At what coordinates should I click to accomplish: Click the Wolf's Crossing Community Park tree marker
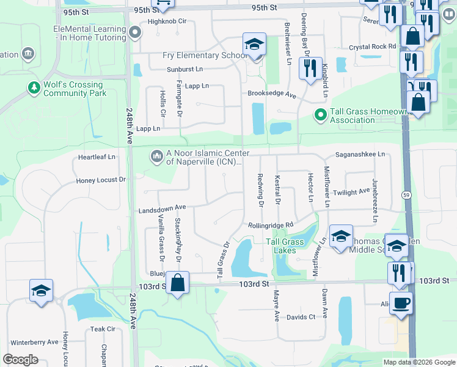33,89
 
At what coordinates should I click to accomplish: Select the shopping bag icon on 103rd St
177,283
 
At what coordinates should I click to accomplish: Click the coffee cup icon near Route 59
401,303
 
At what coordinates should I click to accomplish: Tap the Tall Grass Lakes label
285,246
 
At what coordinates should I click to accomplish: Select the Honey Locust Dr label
101,180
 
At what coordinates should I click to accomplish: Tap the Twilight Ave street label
352,191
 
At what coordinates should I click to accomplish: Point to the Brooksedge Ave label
272,95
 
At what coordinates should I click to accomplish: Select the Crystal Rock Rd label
373,46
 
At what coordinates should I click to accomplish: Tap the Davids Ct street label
301,317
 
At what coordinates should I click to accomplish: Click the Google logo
20,360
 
